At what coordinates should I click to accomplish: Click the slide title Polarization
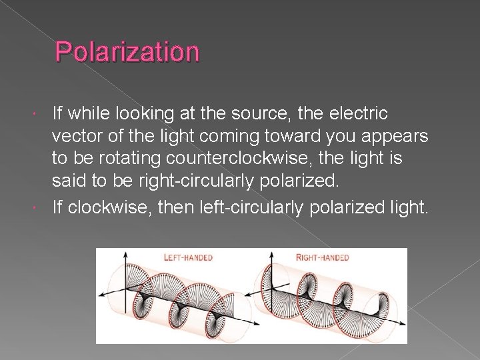click(127, 52)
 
